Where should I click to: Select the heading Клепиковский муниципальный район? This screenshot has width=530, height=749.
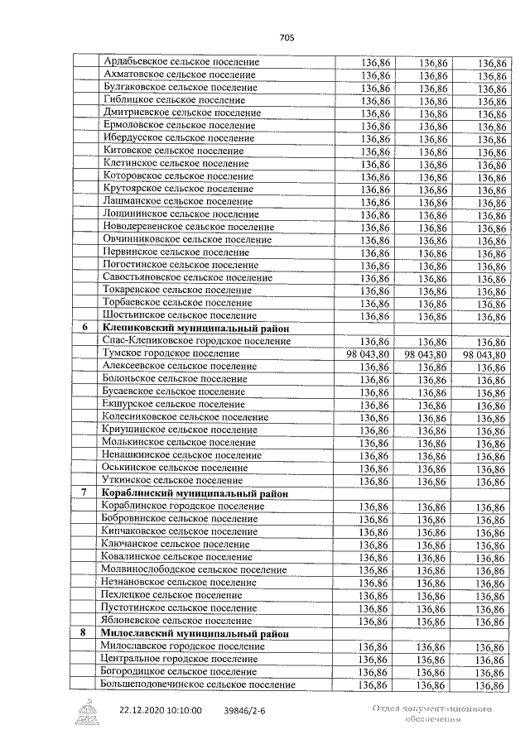click(195, 329)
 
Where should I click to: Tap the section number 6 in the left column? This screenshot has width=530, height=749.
click(84, 329)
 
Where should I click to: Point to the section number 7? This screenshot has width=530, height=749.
click(84, 493)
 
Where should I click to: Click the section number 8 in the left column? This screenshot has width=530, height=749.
click(84, 633)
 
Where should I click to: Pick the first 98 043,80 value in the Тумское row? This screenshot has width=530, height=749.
click(364, 354)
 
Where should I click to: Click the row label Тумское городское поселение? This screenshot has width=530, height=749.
click(169, 353)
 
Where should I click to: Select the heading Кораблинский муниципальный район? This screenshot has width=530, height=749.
click(195, 493)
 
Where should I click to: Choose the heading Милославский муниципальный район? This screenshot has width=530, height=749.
click(195, 633)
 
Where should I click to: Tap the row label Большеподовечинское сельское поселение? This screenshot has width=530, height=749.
click(197, 684)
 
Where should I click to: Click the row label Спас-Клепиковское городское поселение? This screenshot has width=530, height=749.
click(196, 341)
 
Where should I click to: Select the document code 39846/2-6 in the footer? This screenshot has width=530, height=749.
click(245, 710)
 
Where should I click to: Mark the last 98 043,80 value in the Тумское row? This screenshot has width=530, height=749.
click(484, 354)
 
